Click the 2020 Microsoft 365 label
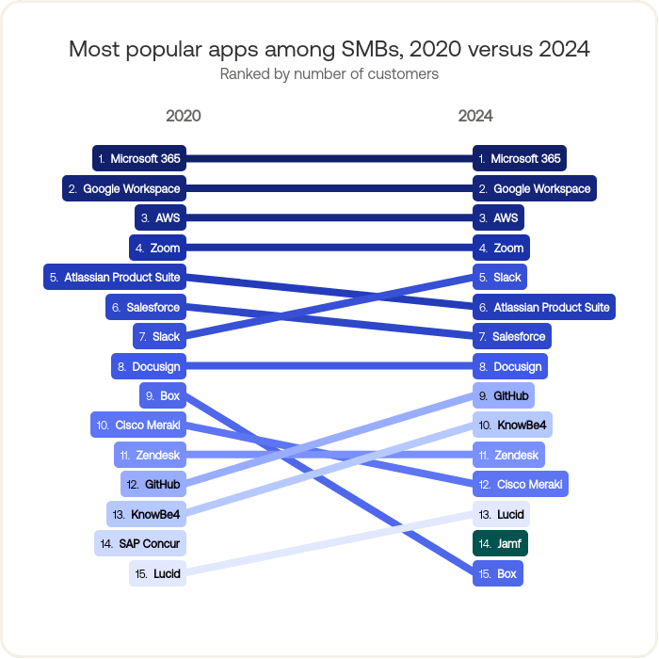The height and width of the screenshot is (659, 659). click(138, 159)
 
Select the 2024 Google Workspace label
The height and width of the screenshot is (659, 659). click(534, 189)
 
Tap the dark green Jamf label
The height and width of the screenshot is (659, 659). click(500, 543)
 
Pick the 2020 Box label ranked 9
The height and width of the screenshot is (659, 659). click(161, 396)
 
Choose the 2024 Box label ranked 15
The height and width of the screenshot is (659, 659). click(497, 573)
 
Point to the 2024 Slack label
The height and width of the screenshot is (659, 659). click(499, 278)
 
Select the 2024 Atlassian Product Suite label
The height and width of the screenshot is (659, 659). click(543, 307)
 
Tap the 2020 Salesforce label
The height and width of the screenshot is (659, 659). click(145, 308)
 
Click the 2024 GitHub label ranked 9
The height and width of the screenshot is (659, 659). click(504, 396)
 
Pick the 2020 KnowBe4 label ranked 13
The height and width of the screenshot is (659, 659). click(146, 514)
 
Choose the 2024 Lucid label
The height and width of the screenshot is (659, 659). click(500, 514)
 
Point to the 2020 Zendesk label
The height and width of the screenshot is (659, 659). click(150, 455)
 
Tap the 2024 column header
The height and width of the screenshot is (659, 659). click(475, 116)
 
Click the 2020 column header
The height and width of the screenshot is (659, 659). click(184, 116)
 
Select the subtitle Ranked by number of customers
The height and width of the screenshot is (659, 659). click(329, 73)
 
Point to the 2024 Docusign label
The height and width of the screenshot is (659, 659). click(509, 366)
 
